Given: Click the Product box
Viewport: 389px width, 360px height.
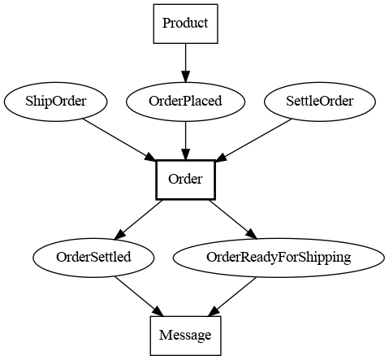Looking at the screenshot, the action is point(185,24).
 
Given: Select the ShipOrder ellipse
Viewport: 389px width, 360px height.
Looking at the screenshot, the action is point(55,102).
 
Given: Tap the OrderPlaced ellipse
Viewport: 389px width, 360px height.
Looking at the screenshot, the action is point(185,102).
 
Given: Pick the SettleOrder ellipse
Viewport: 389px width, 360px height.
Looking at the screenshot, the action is point(320,102).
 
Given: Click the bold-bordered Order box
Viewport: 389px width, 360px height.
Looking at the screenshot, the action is point(185,180).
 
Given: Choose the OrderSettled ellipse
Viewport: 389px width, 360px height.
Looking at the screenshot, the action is point(93,258).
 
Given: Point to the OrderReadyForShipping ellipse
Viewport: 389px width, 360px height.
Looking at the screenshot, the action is point(279,258).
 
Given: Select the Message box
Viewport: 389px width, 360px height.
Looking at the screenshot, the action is point(185,336).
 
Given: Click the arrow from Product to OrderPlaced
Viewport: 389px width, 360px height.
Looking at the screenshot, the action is point(185,63).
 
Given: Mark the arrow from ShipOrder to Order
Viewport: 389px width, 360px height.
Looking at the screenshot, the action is point(119,140).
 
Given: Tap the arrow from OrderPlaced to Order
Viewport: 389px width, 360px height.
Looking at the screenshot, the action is point(185,141).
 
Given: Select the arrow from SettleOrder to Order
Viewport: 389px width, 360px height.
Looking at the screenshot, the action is point(253,141).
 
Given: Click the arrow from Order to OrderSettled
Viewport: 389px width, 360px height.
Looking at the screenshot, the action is point(138,219).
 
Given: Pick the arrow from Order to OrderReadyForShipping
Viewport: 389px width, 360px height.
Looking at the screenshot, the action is point(233,219).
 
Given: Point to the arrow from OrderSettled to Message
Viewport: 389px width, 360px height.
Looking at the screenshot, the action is point(139,297).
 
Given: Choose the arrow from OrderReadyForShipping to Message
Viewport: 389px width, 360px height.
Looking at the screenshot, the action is point(231,297).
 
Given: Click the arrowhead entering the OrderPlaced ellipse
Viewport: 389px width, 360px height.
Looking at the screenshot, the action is point(185,76).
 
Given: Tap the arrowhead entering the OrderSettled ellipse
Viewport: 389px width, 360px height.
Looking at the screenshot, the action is point(119,235).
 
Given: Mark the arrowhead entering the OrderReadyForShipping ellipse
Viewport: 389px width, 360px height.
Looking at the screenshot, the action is point(251,234).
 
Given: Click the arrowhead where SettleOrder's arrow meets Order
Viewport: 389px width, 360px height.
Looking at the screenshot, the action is point(221,158).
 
